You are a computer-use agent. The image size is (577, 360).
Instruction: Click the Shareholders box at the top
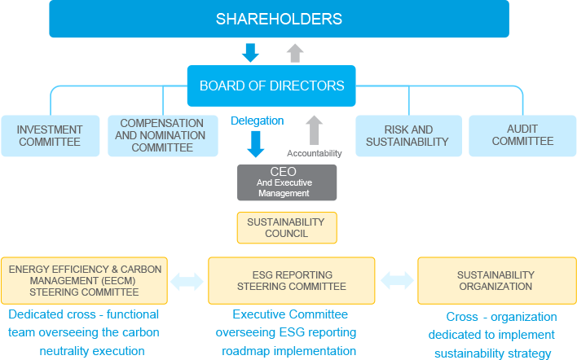point(279,19)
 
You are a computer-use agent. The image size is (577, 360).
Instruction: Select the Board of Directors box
point(271,86)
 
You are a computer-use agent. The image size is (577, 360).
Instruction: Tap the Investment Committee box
point(50,135)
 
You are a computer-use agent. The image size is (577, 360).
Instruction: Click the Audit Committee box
point(522,135)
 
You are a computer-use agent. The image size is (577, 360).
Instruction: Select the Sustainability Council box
point(285,227)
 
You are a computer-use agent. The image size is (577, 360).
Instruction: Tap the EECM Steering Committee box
point(84,280)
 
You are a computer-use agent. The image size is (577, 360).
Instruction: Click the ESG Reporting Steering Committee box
point(292,280)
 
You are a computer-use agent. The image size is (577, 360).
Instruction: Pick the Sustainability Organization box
point(496,280)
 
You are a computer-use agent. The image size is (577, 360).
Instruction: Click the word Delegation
point(257,121)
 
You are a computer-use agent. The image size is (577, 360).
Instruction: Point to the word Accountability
point(315,152)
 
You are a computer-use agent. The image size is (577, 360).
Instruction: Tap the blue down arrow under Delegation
point(257,143)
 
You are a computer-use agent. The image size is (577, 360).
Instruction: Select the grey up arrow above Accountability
point(315,130)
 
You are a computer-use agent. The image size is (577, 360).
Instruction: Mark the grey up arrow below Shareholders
point(295,53)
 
